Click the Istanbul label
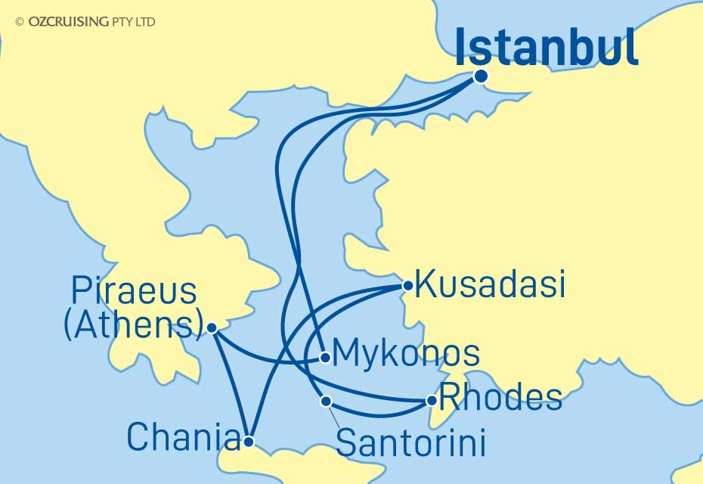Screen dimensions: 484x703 point(547,48)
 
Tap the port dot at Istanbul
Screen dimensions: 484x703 point(480,76)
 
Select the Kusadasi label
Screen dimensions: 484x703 point(490,286)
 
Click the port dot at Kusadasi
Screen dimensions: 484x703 point(407,286)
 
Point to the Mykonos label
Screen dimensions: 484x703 point(405,353)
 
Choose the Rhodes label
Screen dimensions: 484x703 point(501,397)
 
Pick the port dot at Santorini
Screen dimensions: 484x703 point(326,400)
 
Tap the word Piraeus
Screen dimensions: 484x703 point(134,291)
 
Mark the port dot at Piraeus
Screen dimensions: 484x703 point(212,328)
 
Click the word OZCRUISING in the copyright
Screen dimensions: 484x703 point(68,22)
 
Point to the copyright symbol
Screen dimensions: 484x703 point(20,22)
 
